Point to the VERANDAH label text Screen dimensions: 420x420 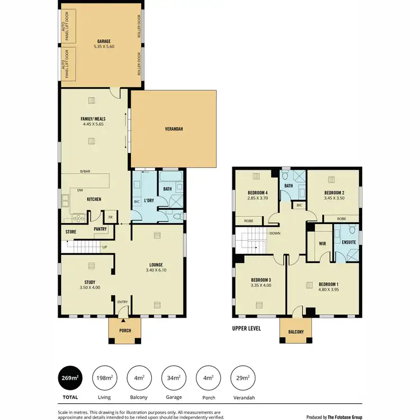pos(174,129)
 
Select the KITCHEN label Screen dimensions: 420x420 pos(93,199)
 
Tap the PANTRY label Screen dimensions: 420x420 pos(101,228)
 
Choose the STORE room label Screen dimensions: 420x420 pos(71,231)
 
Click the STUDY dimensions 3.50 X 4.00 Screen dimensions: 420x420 pos(90,288)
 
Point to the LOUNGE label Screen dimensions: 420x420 pos(156,265)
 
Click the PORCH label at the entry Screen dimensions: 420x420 pos(125,330)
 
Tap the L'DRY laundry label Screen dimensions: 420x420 pos(149,200)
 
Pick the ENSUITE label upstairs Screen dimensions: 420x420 pos(347,244)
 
